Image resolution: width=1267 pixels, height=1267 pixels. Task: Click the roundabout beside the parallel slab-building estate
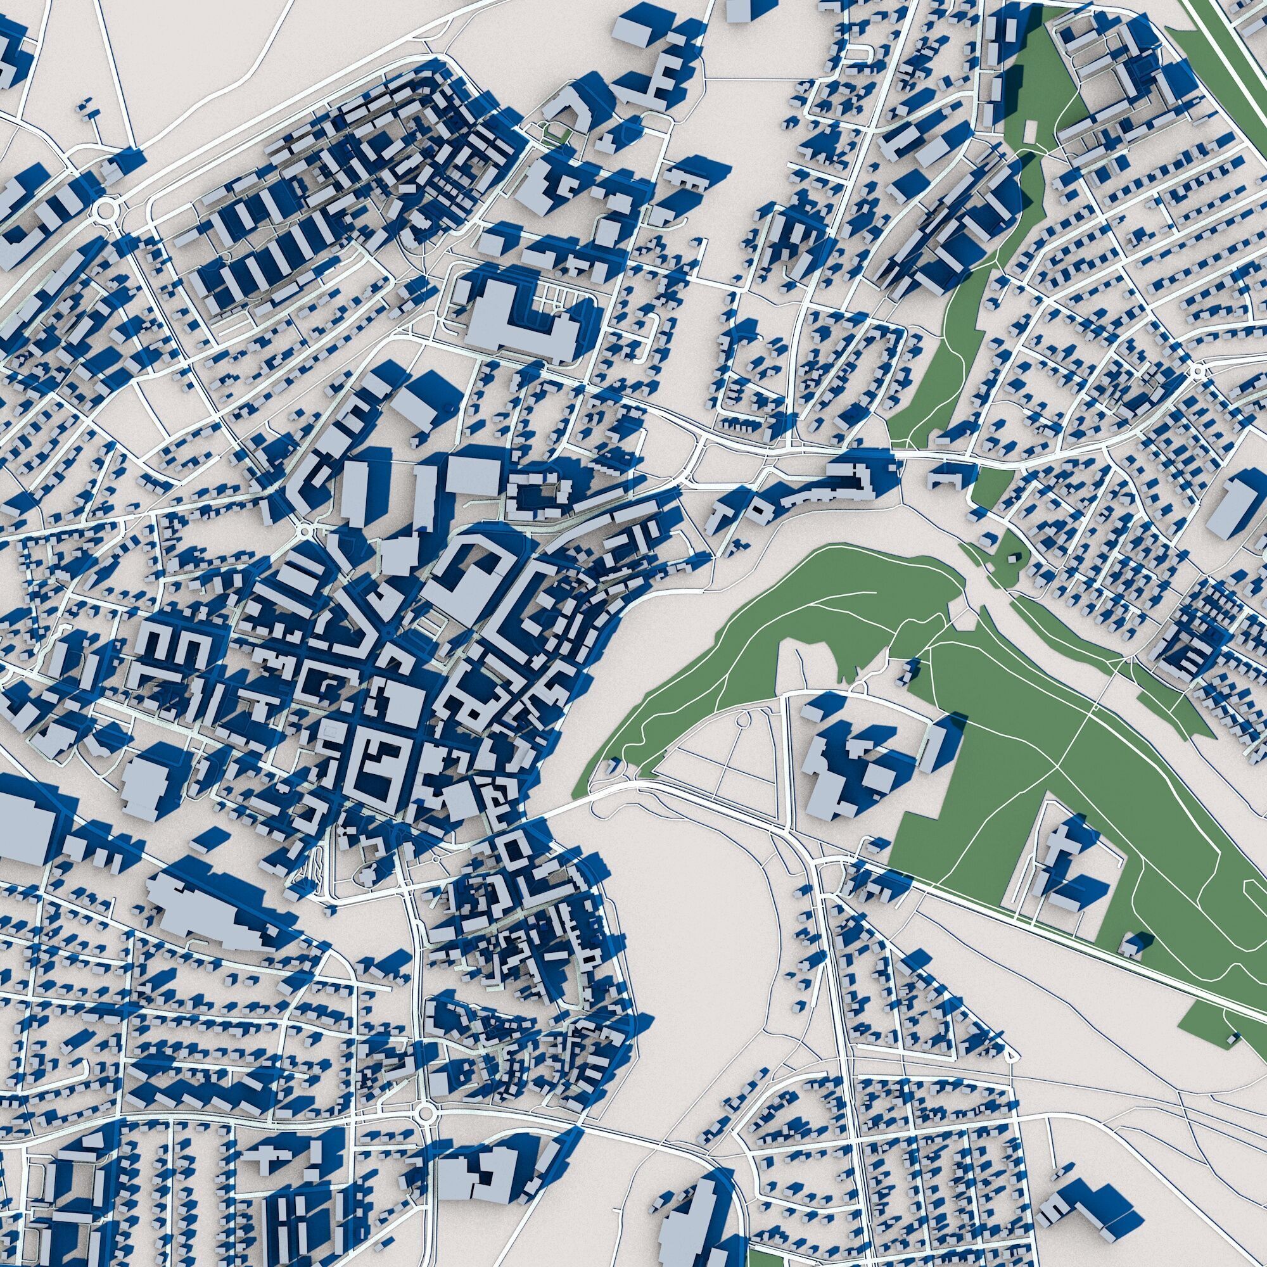click(104, 210)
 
